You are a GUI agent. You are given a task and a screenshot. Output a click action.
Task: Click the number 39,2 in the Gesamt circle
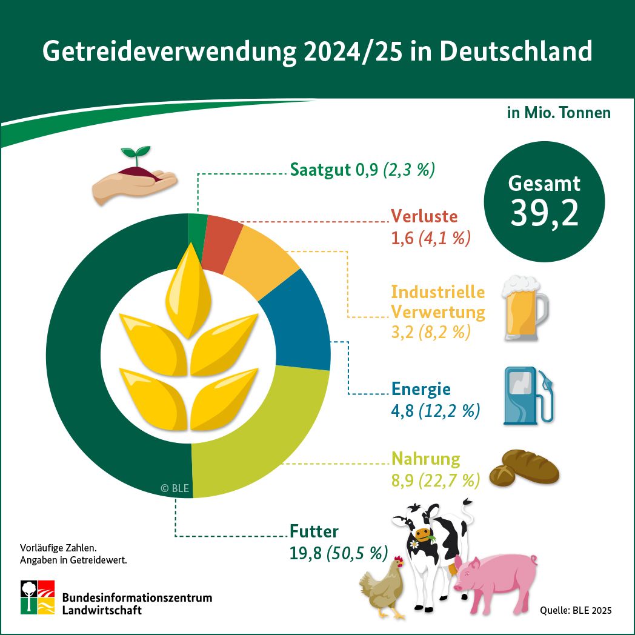coord(544,212)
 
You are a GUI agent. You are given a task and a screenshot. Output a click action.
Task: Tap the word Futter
coord(314,531)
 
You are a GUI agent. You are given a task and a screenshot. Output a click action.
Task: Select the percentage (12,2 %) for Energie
coord(450,412)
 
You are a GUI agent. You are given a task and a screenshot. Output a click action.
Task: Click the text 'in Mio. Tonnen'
coord(559,113)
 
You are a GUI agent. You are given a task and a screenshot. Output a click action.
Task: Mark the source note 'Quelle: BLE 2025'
coord(576,610)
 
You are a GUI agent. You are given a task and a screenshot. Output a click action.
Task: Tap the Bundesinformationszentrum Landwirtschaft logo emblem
coord(38,597)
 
